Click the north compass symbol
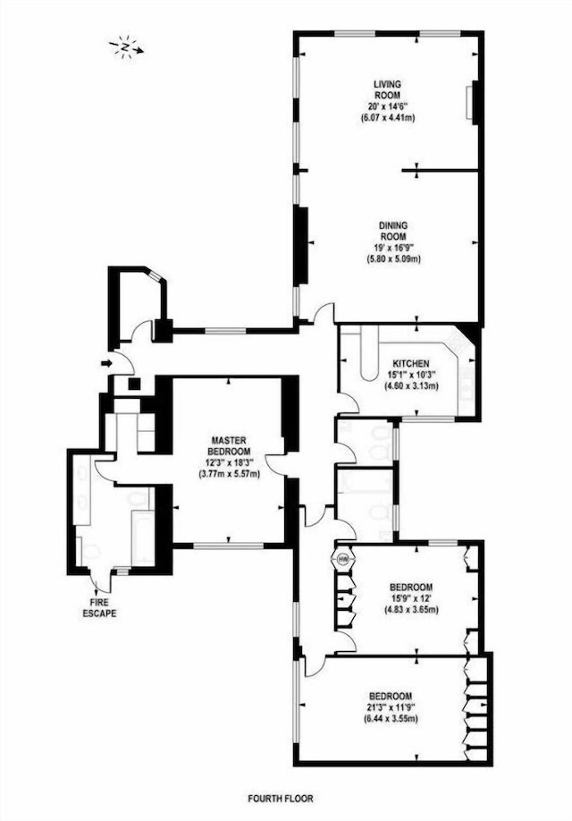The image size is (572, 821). coord(126,47)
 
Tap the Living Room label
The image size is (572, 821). coord(387,89)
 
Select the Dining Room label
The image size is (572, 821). coord(393,231)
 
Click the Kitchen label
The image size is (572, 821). coord(411,363)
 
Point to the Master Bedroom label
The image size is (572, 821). coord(229,445)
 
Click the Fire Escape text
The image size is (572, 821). coord(99,608)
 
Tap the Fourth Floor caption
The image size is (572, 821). coord(281,799)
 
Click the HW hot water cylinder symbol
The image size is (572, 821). coord(344,559)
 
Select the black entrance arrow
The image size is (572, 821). coord(106,363)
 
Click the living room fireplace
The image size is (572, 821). coord(473,103)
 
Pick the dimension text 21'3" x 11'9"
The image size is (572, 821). coord(391,707)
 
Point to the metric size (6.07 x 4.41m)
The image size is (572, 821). coord(387,118)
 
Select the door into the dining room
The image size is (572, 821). coord(322,313)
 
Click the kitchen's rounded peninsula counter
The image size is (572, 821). coord(370,356)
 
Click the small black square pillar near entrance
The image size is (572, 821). coord(135,384)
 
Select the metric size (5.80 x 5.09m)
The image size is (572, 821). coord(393,259)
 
